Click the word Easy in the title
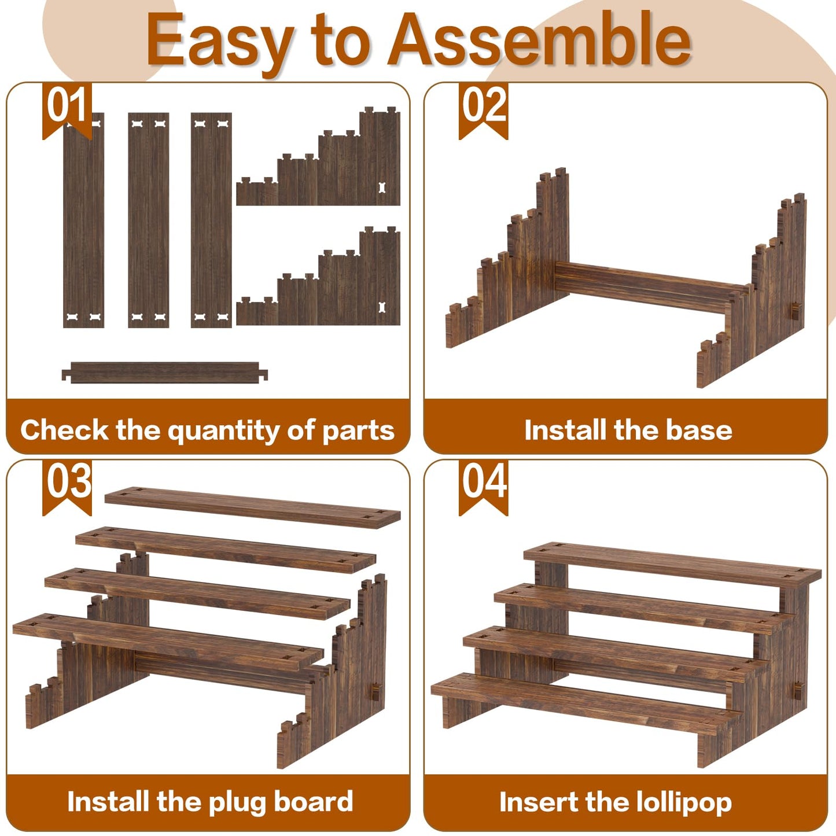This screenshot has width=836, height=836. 220,42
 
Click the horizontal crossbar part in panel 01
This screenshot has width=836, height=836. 165,372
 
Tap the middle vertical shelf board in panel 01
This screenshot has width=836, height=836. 148,220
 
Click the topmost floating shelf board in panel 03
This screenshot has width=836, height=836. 252,507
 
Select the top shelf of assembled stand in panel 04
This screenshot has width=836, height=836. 672,564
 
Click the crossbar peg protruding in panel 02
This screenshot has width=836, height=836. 795,311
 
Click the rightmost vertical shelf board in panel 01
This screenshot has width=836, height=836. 211,220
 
